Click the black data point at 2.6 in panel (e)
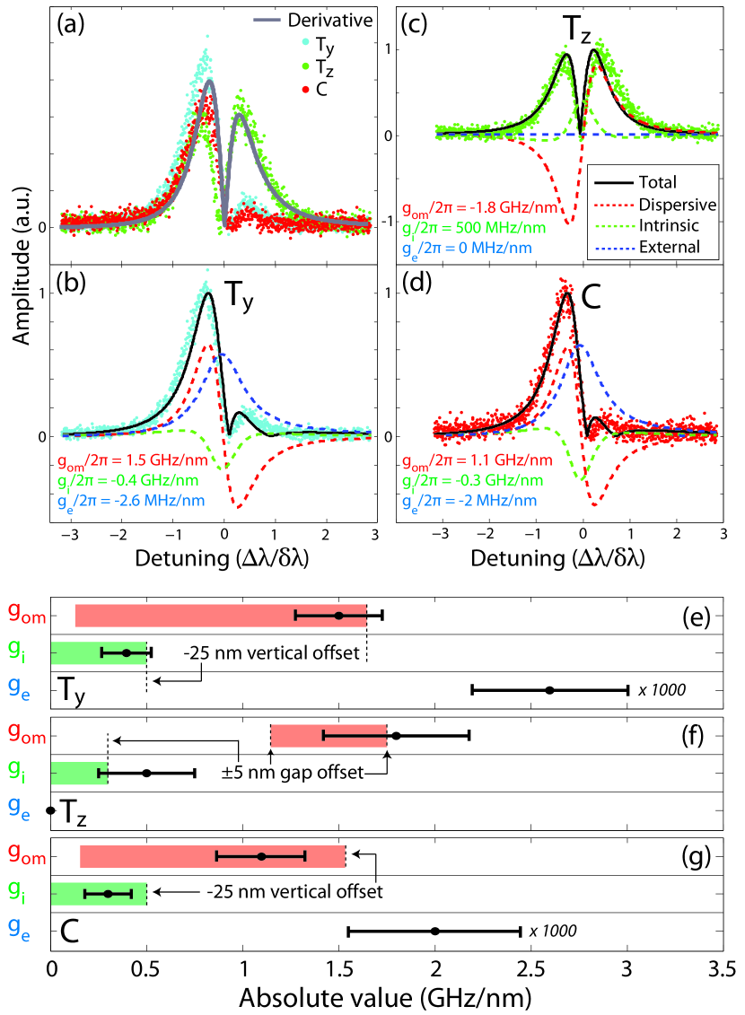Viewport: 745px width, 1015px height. click(x=549, y=690)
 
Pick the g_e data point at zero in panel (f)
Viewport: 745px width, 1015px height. click(x=51, y=810)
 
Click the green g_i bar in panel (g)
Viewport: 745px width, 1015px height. click(x=99, y=894)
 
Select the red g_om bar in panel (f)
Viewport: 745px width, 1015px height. click(x=329, y=736)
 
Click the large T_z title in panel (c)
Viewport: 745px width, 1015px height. click(x=579, y=31)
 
